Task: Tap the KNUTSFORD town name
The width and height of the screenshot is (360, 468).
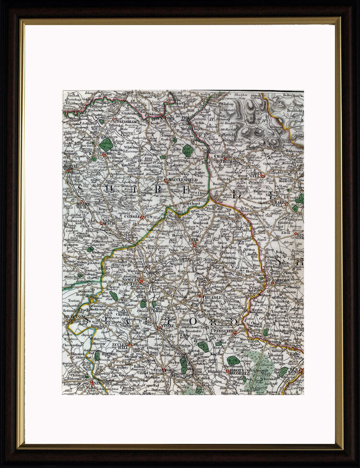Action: point(101,154)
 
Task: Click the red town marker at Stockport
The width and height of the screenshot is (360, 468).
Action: point(166,117)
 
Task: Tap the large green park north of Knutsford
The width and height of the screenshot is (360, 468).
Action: point(106,144)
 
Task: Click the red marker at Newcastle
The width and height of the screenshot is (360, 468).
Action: point(141,280)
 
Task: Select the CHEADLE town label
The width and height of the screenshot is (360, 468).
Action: point(212,298)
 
